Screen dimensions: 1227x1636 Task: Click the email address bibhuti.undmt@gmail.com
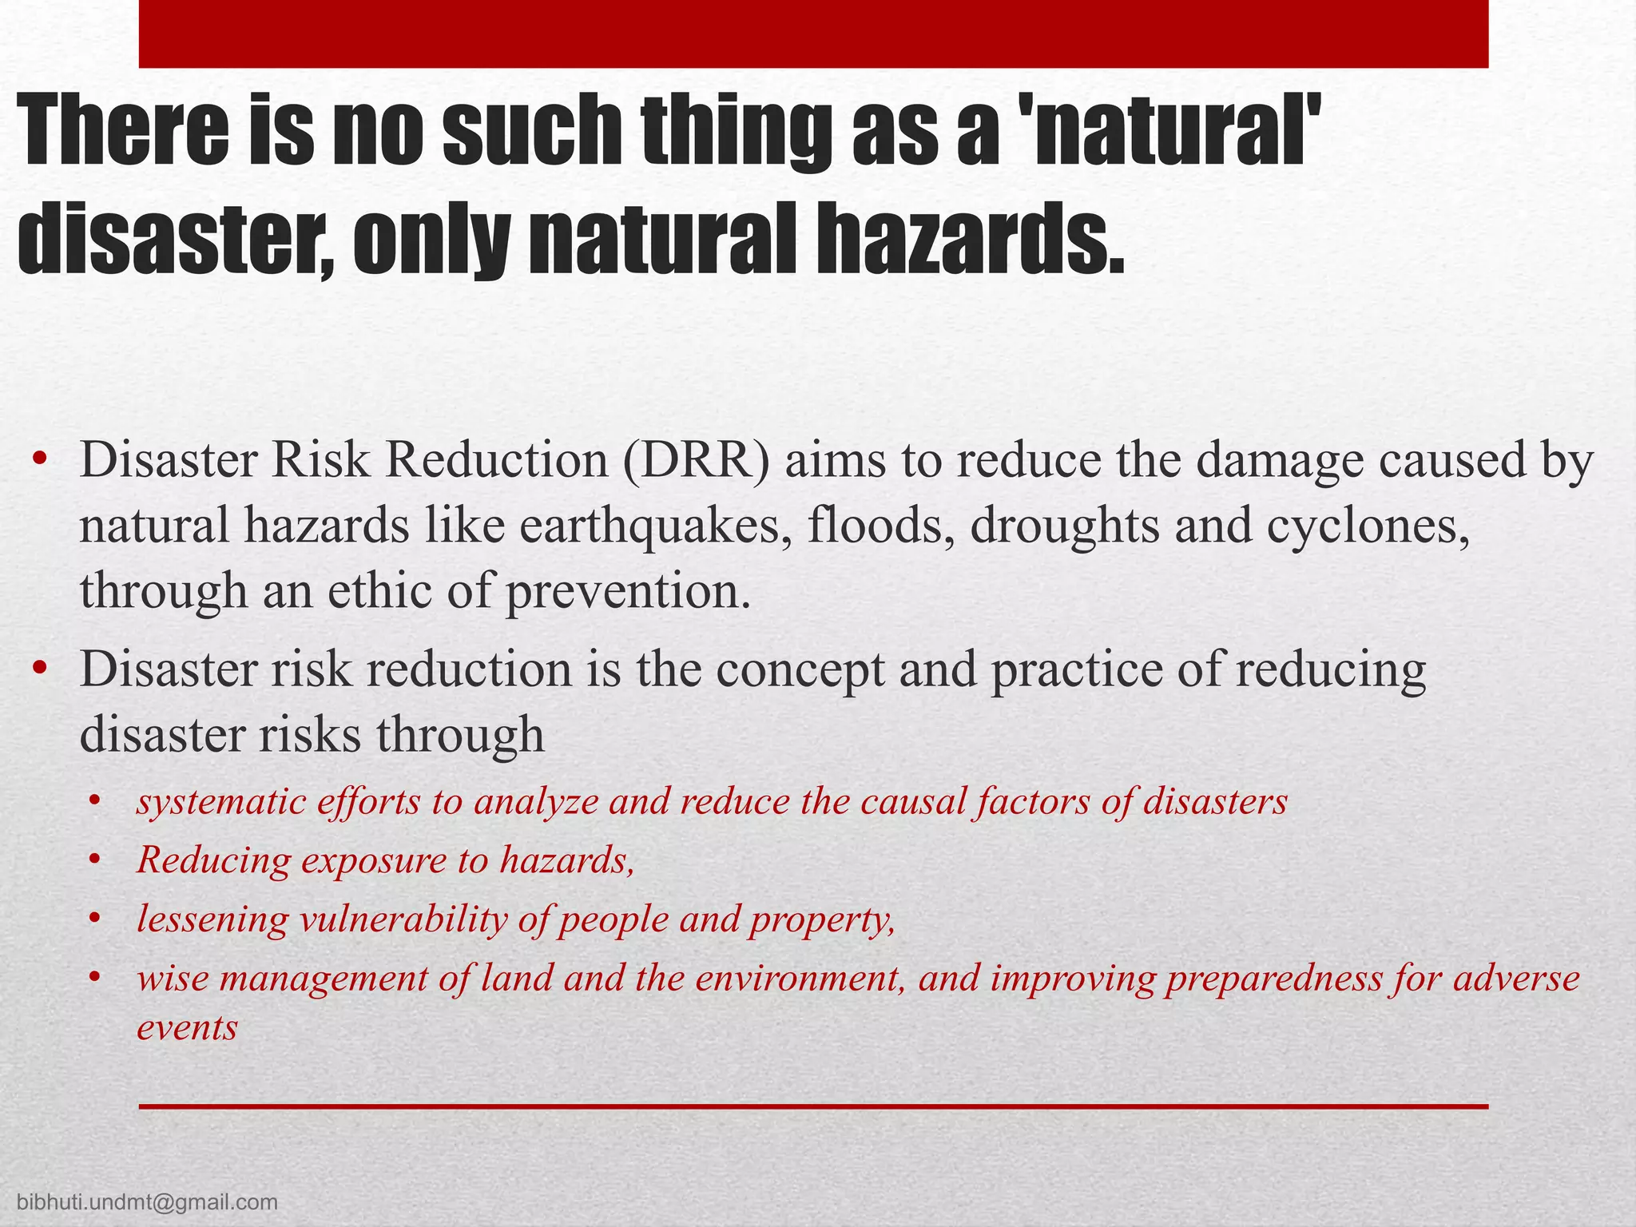147,1202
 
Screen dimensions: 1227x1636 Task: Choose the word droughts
1064,527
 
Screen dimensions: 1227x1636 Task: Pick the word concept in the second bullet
800,669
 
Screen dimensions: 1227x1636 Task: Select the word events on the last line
187,1027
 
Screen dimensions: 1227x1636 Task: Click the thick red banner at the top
813,34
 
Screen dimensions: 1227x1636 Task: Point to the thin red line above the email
813,1106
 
